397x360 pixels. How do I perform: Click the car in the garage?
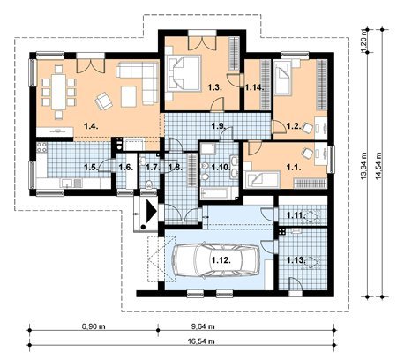pos(215,260)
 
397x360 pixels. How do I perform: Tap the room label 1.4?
pos(91,126)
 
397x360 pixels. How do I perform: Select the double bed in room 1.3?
pos(184,73)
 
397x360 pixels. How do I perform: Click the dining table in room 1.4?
pos(59,92)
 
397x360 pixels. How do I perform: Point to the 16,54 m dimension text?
pos(201,341)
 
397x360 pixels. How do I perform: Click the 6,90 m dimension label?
pos(92,326)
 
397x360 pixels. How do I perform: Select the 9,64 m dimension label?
pos(201,326)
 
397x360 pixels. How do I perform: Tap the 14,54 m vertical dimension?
pos(378,165)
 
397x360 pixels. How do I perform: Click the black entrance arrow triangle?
pos(152,210)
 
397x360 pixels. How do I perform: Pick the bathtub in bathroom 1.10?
pos(216,193)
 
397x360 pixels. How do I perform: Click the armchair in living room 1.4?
pos(103,101)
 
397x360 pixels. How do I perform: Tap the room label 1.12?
pos(221,260)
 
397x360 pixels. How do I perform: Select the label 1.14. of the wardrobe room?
pos(255,87)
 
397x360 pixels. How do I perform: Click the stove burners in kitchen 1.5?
pos(41,147)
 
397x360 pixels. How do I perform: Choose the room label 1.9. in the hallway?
pos(219,126)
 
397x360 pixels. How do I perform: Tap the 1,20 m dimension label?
pos(364,41)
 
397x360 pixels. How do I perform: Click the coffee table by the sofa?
pos(129,96)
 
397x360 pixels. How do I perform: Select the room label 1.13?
pos(296,260)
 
